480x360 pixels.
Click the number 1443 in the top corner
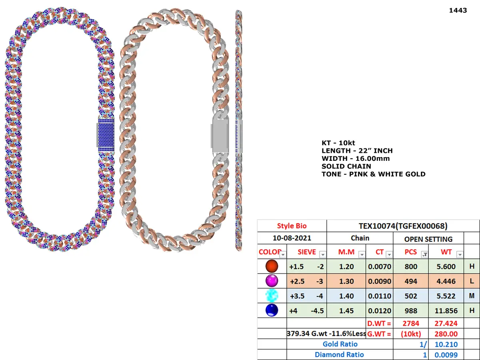[458, 10]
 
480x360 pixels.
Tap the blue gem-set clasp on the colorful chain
[106, 135]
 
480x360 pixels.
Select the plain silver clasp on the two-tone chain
[220, 136]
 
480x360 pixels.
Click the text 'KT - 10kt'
[338, 143]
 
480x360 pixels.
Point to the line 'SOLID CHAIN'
[346, 166]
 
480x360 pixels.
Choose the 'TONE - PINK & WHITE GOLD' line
[374, 174]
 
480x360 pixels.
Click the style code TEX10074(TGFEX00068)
[403, 226]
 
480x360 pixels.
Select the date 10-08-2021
[292, 238]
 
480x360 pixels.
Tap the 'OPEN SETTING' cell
[428, 239]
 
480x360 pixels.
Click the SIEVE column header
[306, 252]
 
